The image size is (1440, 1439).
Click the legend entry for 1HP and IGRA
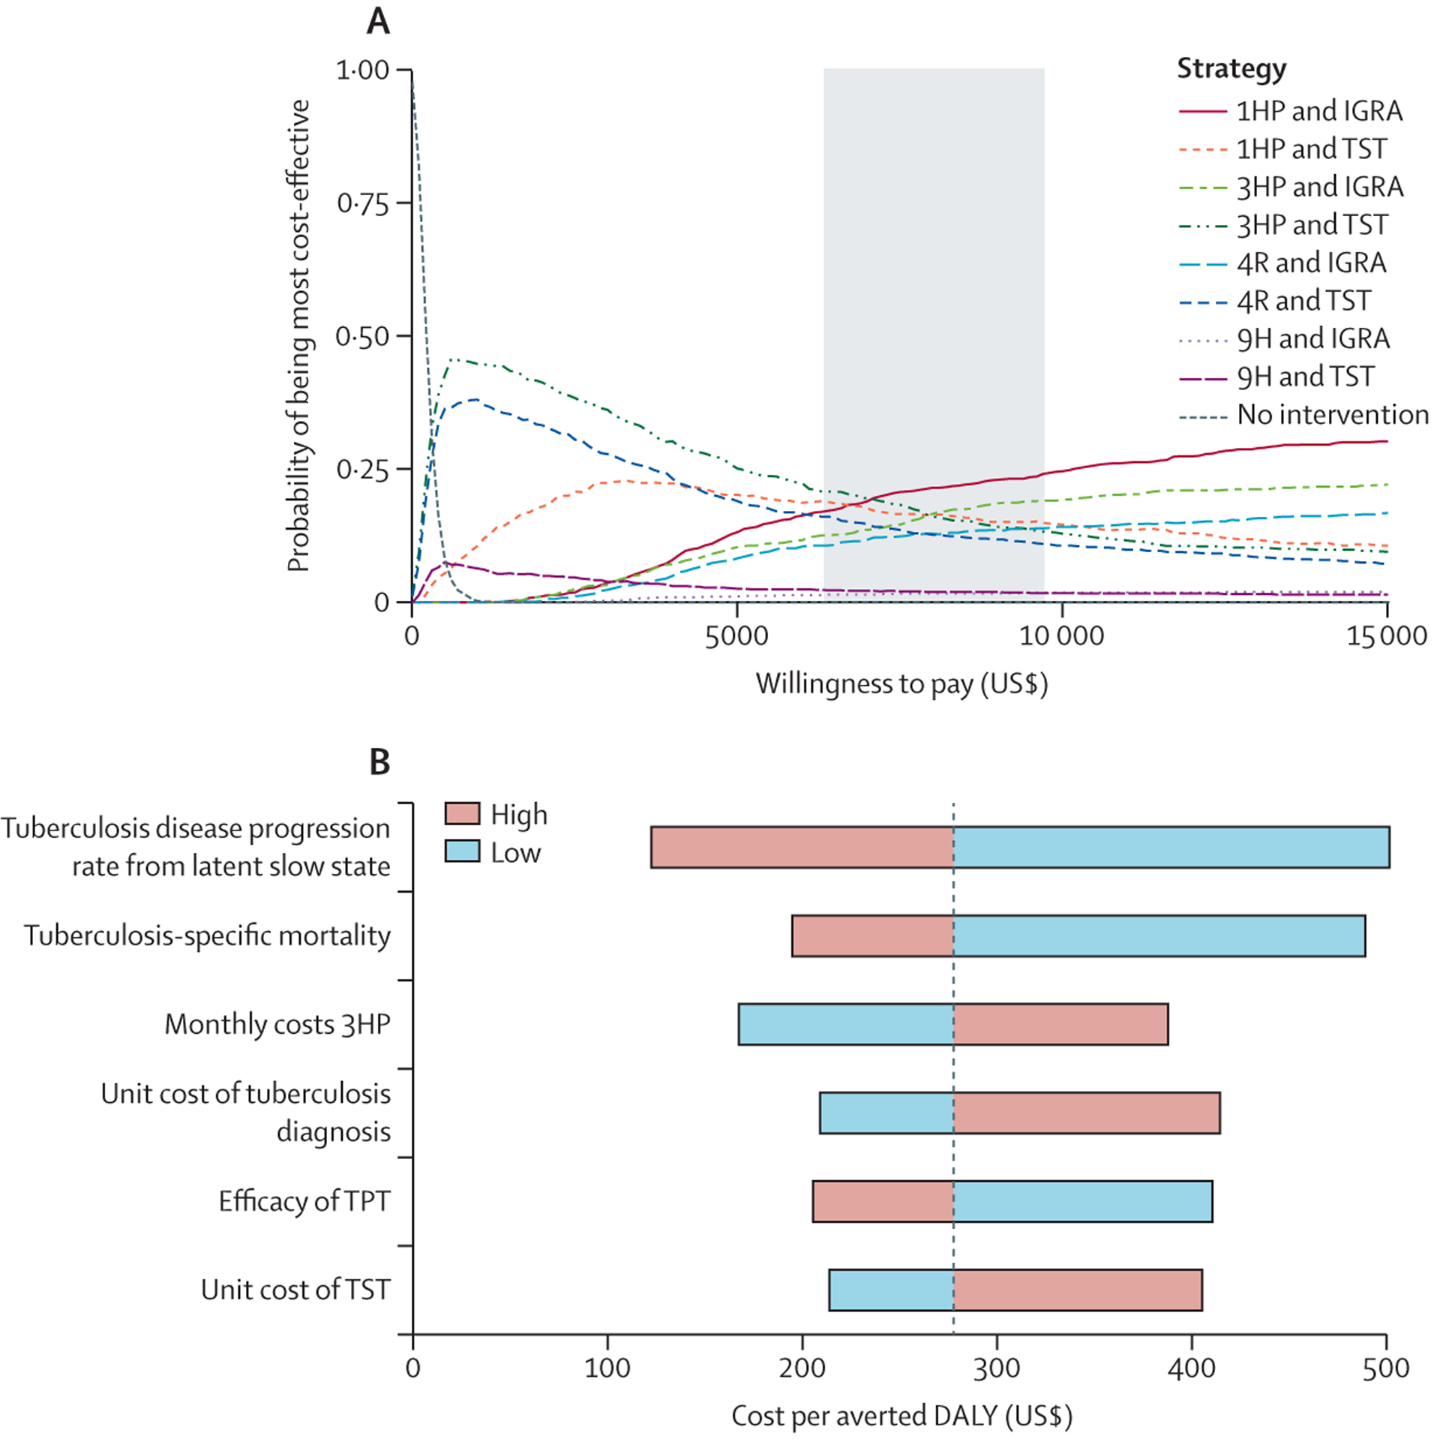1290,111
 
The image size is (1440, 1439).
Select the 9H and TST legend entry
1276,377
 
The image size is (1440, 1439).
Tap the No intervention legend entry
1303,414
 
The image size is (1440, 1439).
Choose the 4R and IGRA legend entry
1282,263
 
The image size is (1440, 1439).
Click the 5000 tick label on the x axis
736,636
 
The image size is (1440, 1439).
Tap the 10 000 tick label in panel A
1061,636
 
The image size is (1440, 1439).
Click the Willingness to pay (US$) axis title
901,684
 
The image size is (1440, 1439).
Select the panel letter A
378,21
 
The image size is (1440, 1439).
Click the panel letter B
379,762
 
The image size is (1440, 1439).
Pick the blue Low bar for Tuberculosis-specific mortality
1159,936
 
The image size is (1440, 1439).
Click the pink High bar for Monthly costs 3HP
1060,1024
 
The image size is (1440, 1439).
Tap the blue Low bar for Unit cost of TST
891,1290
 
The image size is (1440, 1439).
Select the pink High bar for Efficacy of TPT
883,1201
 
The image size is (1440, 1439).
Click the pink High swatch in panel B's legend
462,813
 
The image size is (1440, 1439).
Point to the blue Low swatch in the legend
462,851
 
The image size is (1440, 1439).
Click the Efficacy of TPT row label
304,1201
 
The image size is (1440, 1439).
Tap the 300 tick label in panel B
997,1368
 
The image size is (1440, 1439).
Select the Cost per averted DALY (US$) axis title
901,1416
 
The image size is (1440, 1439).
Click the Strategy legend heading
1231,69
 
